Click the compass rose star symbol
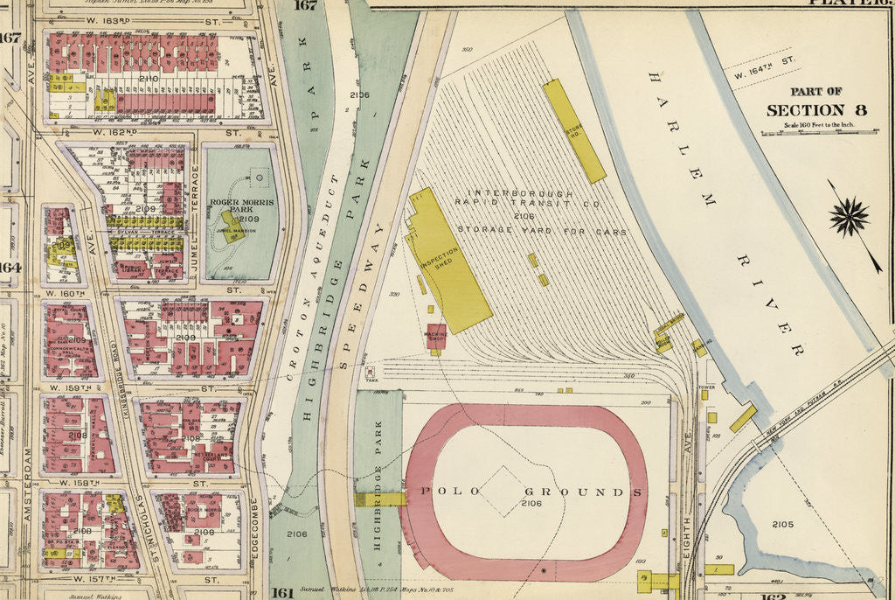pyautogui.click(x=850, y=217)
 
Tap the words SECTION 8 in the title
pyautogui.click(x=805, y=110)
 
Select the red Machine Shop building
pyautogui.click(x=436, y=336)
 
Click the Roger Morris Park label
pyautogui.click(x=242, y=206)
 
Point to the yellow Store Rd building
pyautogui.click(x=573, y=131)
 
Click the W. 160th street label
pyautogui.click(x=66, y=294)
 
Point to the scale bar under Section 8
pyautogui.click(x=805, y=132)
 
